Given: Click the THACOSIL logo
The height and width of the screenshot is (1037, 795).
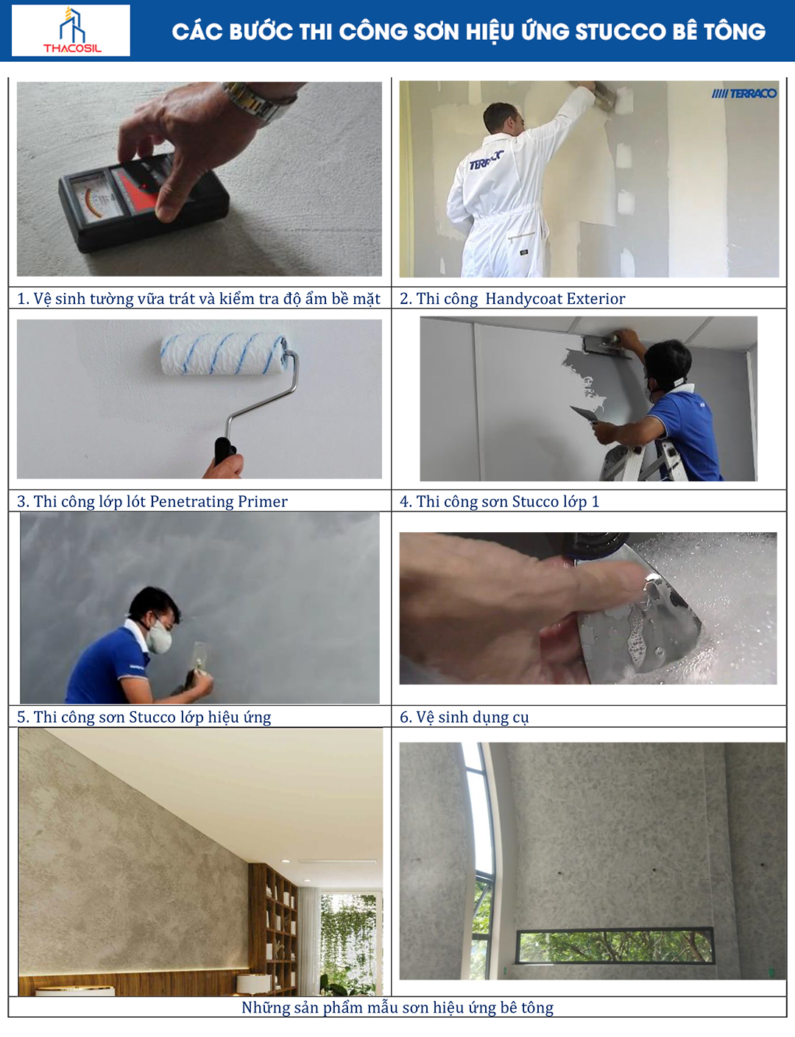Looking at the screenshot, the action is coord(71,30).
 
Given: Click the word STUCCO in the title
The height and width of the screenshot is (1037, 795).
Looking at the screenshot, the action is coord(620,32).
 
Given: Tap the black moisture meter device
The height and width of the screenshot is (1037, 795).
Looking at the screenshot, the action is coord(143,203).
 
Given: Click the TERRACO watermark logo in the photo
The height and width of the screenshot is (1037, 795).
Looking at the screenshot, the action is coord(744,93).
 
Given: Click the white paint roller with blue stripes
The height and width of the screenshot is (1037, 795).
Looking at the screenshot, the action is coord(225,354).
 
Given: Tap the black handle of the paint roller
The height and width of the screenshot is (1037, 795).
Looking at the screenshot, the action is coord(224,450).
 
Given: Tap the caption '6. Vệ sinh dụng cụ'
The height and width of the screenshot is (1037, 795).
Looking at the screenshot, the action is coord(464,718).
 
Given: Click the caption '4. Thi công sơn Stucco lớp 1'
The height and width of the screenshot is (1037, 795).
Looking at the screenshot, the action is coord(499,501).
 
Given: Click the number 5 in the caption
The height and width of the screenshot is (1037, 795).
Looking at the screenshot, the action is coord(21,718).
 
